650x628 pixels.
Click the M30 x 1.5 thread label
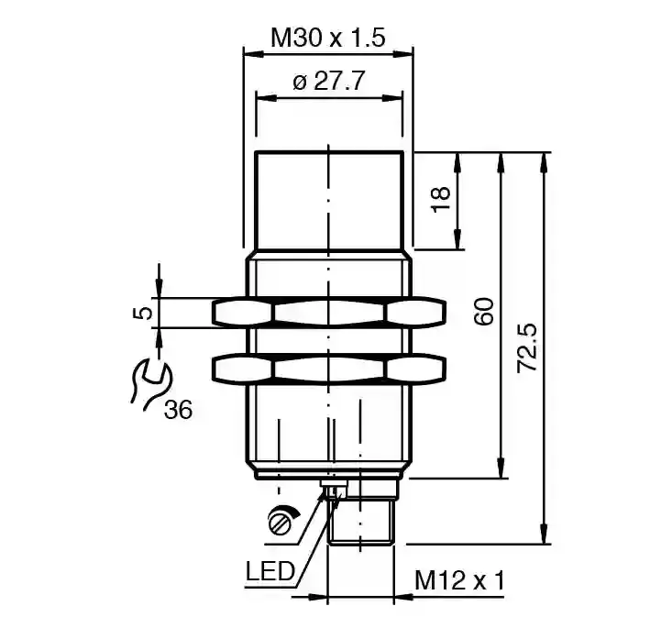[x=328, y=38]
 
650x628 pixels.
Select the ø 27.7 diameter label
[x=328, y=81]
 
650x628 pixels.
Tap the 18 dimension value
[x=441, y=199]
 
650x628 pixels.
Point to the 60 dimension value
[x=484, y=312]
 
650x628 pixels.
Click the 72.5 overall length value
[x=527, y=348]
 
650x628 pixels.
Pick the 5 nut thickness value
[x=142, y=313]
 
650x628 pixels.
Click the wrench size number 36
[x=178, y=410]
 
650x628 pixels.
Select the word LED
[x=270, y=571]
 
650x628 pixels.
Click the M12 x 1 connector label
[x=459, y=580]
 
